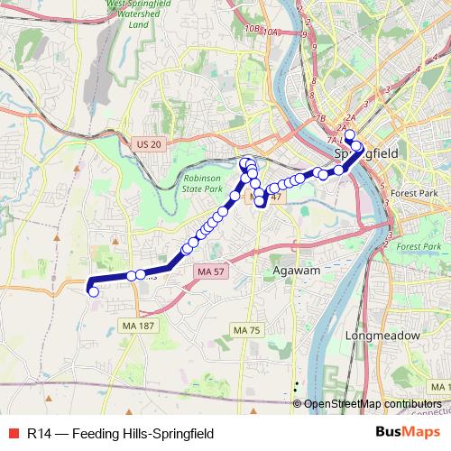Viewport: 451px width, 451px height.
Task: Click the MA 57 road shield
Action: coord(212,271)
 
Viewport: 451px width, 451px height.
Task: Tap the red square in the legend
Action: coord(12,432)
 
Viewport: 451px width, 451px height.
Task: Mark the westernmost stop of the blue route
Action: coord(92,290)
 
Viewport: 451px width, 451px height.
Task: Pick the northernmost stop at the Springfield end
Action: coord(350,135)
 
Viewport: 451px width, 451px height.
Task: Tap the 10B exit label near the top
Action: coord(251,30)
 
